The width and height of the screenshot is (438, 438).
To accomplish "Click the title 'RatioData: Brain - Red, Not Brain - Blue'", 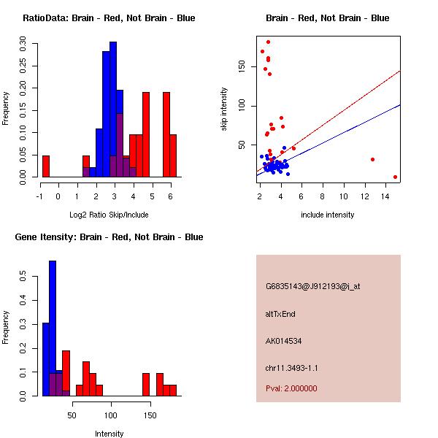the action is coord(109,18).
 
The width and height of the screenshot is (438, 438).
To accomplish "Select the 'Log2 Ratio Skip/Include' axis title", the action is coord(109,215).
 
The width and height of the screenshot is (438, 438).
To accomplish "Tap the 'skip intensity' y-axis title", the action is coord(224,109).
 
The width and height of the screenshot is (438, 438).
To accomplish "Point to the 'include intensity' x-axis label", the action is coord(327,215).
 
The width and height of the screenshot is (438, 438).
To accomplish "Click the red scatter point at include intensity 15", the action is coord(395,177).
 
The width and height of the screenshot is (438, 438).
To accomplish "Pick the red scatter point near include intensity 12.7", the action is coord(372,159).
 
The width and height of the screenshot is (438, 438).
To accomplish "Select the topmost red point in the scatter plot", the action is coord(268,42).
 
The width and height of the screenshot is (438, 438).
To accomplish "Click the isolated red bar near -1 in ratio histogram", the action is coord(46,166).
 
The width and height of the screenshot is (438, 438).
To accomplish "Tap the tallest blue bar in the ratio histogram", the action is coord(113,109).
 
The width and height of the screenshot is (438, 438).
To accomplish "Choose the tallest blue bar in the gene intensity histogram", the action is coord(53,328).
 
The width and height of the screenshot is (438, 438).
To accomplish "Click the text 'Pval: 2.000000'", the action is coord(291,388).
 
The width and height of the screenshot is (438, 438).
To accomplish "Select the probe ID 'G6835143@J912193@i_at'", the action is coord(313,287).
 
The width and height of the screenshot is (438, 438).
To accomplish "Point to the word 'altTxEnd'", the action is coord(280,314).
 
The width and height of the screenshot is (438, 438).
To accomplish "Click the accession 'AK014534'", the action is coord(283,341).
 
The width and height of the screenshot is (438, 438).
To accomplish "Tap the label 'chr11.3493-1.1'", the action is coord(291,368).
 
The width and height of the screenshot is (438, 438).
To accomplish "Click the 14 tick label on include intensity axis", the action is coord(385,196).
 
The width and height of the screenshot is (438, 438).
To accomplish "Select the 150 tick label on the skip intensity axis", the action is coord(242,66).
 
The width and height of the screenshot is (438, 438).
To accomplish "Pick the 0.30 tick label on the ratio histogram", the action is coord(23,44).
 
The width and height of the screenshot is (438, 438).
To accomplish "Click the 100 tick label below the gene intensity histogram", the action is coord(111,415).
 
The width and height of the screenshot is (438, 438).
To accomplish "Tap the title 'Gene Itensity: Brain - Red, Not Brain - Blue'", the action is coord(109,237).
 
